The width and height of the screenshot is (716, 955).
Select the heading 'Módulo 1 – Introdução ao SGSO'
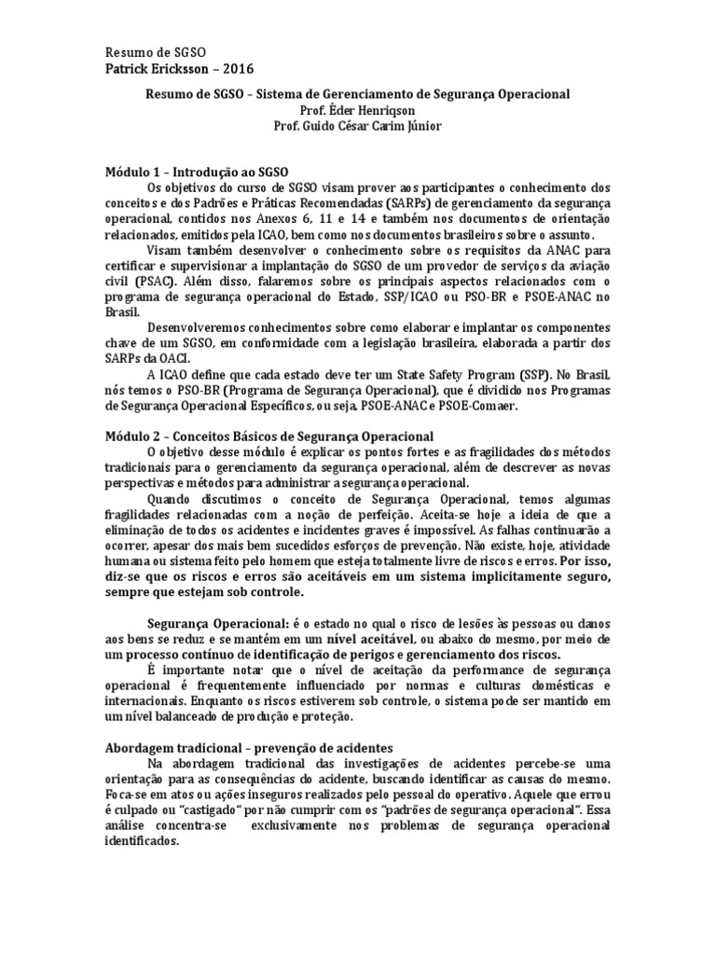pyautogui.click(x=197, y=173)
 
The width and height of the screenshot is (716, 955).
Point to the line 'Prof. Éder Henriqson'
pyautogui.click(x=358, y=110)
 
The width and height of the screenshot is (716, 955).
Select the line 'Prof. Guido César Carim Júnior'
pyautogui.click(x=358, y=126)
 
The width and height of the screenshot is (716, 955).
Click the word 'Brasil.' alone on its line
pyautogui.click(x=122, y=314)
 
